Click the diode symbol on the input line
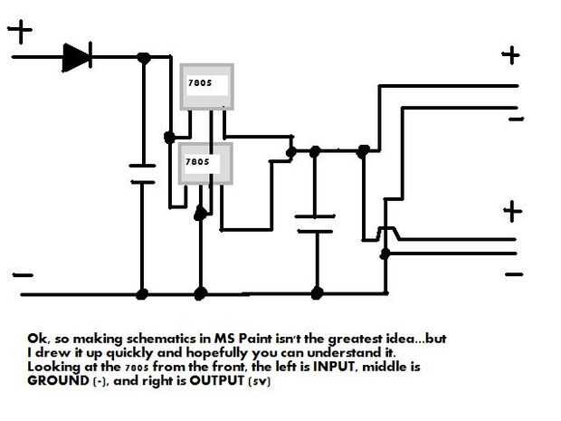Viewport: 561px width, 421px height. [76, 58]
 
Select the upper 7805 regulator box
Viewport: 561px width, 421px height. [206, 87]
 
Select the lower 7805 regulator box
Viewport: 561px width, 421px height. [204, 163]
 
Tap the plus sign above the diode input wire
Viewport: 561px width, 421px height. [19, 33]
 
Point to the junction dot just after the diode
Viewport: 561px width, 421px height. [143, 58]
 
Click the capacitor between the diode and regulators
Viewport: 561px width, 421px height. [142, 172]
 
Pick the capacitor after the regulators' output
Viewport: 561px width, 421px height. [316, 223]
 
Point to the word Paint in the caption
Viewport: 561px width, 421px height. [232, 338]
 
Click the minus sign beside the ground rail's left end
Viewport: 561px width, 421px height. [23, 273]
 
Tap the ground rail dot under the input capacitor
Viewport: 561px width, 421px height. [142, 293]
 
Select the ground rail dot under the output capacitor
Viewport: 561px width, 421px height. [316, 292]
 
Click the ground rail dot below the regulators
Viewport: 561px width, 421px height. [200, 293]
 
